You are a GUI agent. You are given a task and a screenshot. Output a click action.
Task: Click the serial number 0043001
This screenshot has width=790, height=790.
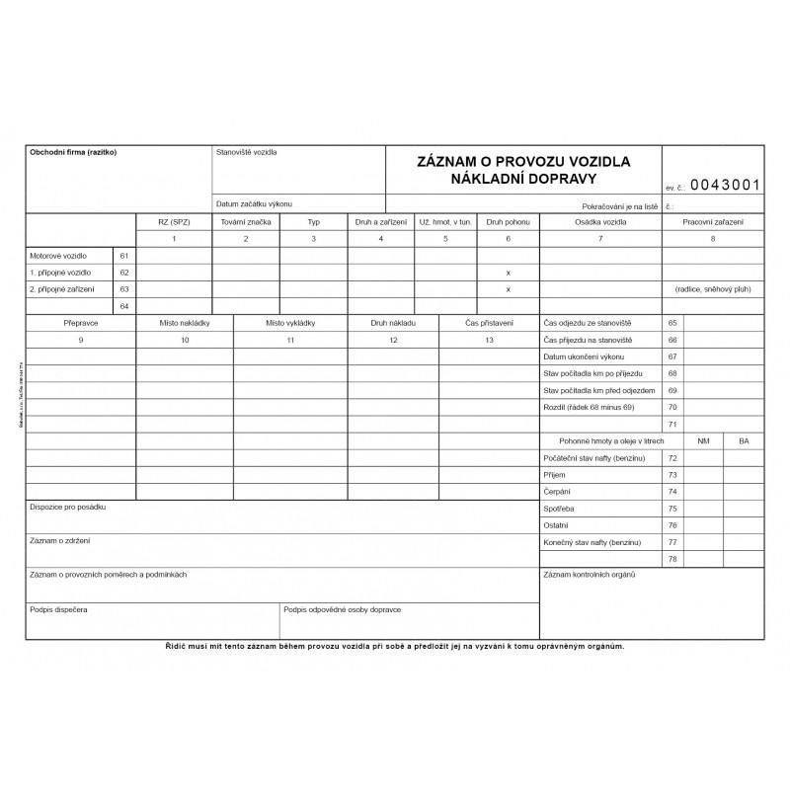(x=725, y=184)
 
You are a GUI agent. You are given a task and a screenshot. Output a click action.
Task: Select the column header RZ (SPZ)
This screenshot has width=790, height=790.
(x=174, y=222)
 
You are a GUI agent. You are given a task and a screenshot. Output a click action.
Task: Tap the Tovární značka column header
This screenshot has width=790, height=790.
(x=246, y=222)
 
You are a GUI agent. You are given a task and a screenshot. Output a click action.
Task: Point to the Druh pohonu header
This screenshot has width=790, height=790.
(x=508, y=222)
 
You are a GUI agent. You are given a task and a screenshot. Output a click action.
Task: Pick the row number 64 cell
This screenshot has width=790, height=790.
(x=124, y=306)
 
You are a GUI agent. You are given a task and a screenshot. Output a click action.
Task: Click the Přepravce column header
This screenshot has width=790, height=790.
(x=81, y=323)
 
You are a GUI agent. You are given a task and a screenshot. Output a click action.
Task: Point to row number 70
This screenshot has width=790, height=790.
(x=672, y=407)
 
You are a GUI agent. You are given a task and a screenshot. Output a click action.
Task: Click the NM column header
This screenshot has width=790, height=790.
(x=703, y=440)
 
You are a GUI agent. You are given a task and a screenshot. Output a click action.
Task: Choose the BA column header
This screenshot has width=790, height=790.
(x=744, y=440)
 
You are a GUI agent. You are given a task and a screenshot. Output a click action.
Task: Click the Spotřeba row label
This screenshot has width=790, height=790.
(x=561, y=509)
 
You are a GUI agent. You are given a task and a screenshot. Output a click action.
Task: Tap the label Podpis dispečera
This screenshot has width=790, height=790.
(x=59, y=610)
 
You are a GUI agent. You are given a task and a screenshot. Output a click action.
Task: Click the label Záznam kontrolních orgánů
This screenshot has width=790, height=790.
(x=589, y=575)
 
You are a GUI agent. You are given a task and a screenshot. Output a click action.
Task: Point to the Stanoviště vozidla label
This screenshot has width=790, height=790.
(x=247, y=153)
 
